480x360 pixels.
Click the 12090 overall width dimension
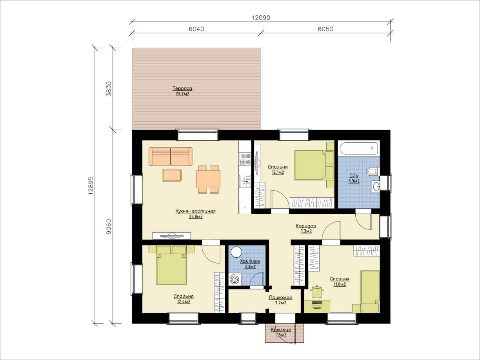[261, 18]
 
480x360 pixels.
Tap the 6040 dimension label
[196, 29]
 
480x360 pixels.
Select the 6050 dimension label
[325, 29]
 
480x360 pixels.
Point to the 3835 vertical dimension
[109, 89]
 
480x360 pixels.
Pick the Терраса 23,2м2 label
[182, 91]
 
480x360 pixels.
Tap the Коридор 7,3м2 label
[306, 228]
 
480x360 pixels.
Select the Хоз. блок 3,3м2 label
[250, 264]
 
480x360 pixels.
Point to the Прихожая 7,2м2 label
[280, 300]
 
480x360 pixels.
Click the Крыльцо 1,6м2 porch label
[281, 333]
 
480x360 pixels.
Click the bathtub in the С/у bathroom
[359, 149]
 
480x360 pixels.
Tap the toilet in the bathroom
[373, 171]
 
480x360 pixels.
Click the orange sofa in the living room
[171, 156]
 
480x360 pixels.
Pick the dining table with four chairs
[208, 180]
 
